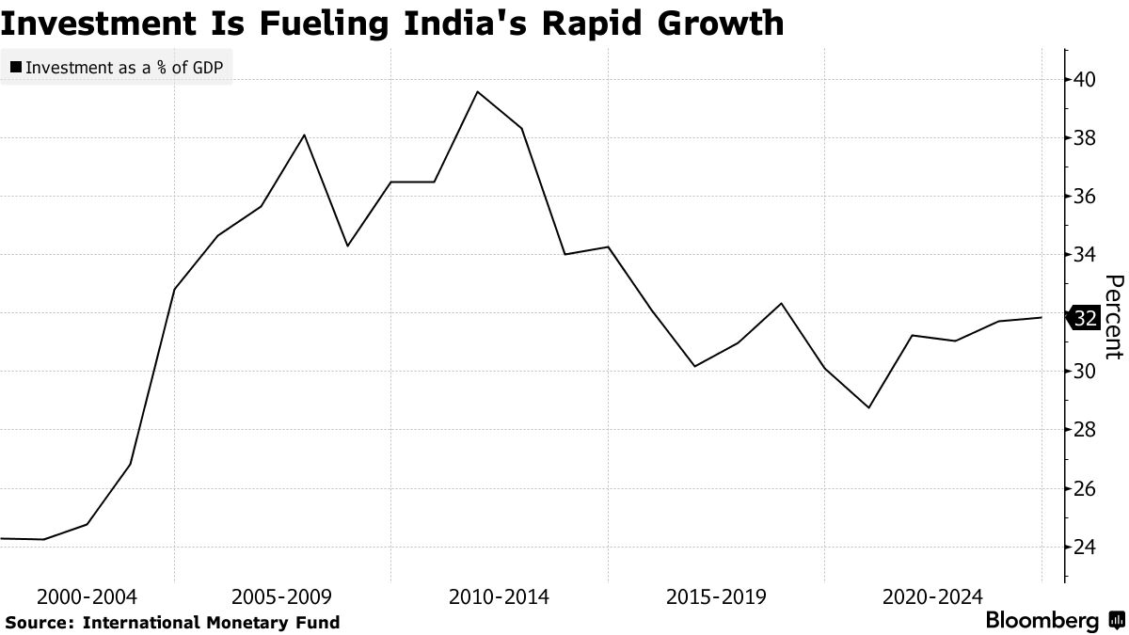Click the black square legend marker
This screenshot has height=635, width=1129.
pyautogui.click(x=17, y=68)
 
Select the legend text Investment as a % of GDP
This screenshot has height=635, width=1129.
pyautogui.click(x=125, y=68)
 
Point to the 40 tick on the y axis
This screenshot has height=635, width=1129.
pyautogui.click(x=1085, y=80)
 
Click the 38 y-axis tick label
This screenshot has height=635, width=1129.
pyautogui.click(x=1085, y=138)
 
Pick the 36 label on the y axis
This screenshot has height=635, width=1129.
pyautogui.click(x=1085, y=197)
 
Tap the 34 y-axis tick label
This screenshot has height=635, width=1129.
pyautogui.click(x=1085, y=255)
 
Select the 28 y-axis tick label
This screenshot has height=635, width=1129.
pyautogui.click(x=1085, y=430)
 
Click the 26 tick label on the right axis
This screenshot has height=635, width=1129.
pyautogui.click(x=1085, y=489)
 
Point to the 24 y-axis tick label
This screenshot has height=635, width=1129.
pyautogui.click(x=1085, y=548)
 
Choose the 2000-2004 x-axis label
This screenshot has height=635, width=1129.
pyautogui.click(x=87, y=597)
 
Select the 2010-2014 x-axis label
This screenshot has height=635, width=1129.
pyautogui.click(x=500, y=597)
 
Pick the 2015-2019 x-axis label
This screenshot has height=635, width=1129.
pyautogui.click(x=716, y=597)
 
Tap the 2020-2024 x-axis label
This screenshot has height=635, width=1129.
pyautogui.click(x=932, y=597)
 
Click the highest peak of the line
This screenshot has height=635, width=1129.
pyautogui.click(x=478, y=91)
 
